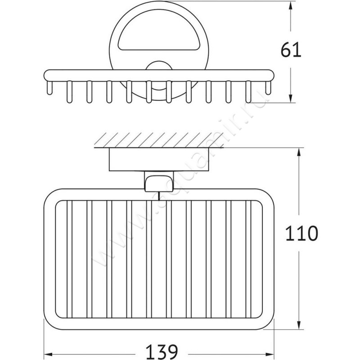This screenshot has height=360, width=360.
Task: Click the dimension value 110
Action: [302, 234]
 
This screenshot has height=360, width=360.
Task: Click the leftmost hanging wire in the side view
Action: [49, 88]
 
